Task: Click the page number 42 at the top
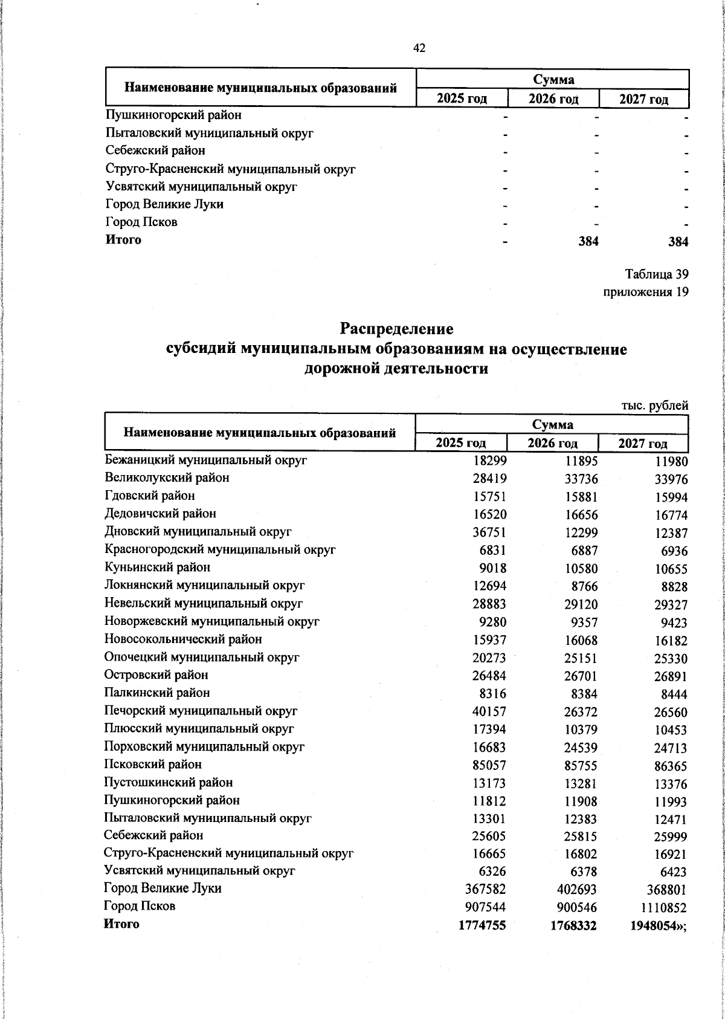[419, 48]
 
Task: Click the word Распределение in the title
[396, 329]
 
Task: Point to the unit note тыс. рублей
[655, 406]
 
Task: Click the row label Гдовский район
[150, 496]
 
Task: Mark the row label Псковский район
[153, 765]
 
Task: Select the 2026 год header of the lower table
[552, 444]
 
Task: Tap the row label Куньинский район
[157, 568]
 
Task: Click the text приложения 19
[646, 293]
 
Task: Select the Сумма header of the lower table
[552, 424]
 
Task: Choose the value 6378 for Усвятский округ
[583, 872]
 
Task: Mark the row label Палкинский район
[157, 693]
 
